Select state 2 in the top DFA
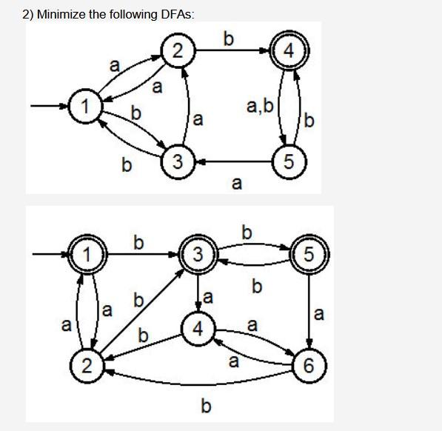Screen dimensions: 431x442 (x=177, y=51)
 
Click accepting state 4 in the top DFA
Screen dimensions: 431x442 (x=290, y=51)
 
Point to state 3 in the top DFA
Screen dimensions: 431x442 (x=177, y=161)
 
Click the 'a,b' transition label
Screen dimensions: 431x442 (x=259, y=107)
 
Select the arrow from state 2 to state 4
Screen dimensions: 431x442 (x=233, y=51)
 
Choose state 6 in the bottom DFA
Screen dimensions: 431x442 (x=309, y=364)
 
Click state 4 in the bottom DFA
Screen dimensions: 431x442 (x=197, y=328)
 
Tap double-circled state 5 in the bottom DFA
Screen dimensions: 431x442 (x=309, y=255)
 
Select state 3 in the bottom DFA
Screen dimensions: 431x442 (x=197, y=255)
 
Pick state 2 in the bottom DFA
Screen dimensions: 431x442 (x=87, y=364)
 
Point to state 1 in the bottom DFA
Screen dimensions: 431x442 (x=87, y=255)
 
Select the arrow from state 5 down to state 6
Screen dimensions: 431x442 (x=309, y=311)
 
